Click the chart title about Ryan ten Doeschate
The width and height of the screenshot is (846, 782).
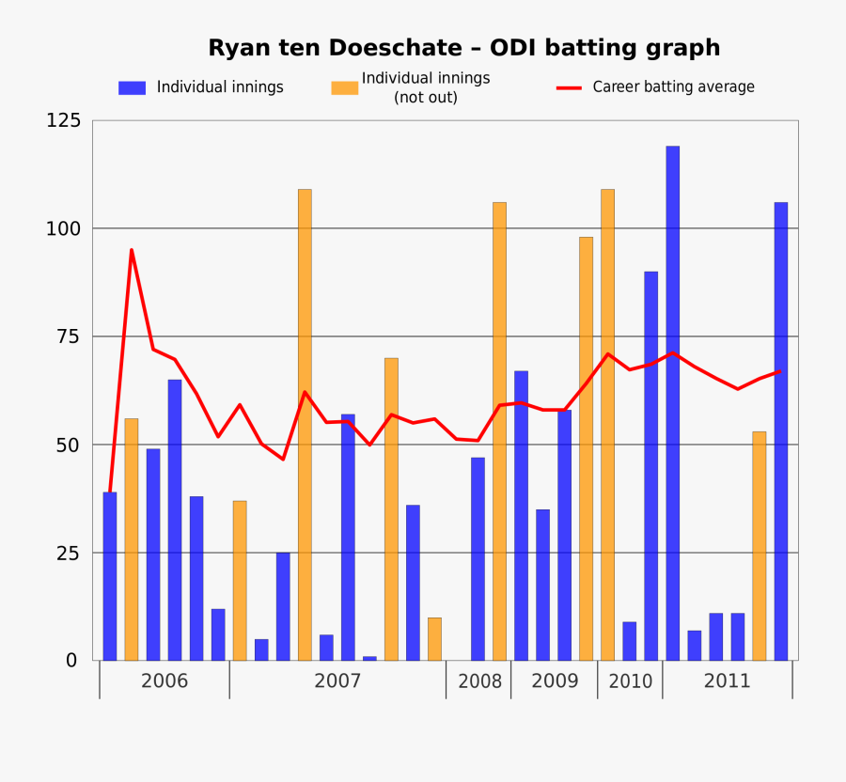[463, 48]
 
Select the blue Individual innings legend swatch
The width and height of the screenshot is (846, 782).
[132, 87]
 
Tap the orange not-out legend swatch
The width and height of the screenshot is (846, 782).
[344, 87]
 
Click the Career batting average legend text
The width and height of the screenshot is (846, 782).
[673, 87]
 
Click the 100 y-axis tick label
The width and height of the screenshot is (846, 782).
[63, 228]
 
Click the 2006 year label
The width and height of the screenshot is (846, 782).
[164, 680]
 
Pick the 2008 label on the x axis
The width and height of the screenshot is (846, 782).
[479, 681]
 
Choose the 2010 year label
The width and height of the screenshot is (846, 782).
[630, 681]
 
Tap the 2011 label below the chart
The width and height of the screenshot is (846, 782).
[728, 680]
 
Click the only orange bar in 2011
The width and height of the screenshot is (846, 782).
[760, 545]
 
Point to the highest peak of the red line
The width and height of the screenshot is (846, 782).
[132, 250]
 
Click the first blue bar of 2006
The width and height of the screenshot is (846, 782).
[110, 575]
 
